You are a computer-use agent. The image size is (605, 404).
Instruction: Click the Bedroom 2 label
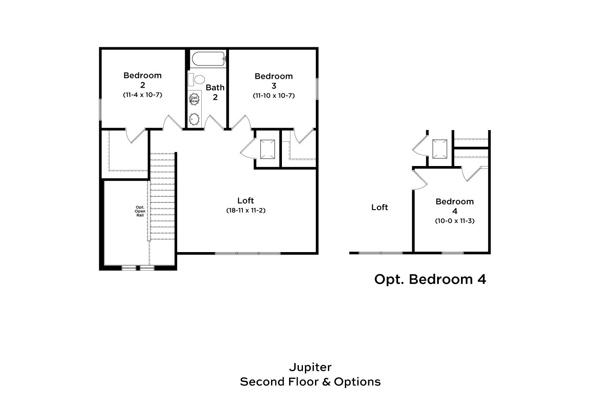tap(142, 80)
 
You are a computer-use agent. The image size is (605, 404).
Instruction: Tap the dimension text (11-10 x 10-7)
tap(273, 95)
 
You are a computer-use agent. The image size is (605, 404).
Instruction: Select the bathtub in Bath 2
tap(208, 59)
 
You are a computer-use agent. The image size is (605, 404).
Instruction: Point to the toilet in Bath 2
tap(197, 80)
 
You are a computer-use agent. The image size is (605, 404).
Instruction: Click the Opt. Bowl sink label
tap(194, 99)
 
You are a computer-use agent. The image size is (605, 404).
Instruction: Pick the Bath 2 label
tap(215, 92)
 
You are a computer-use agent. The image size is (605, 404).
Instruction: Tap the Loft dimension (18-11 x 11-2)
tap(246, 210)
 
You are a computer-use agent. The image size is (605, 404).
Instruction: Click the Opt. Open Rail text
tap(140, 211)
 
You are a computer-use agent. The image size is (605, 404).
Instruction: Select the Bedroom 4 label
tap(455, 206)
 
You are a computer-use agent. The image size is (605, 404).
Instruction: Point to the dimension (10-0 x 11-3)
tap(455, 221)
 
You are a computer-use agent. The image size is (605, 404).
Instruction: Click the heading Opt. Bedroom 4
tap(430, 280)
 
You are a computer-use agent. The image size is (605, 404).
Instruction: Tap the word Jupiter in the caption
tap(310, 368)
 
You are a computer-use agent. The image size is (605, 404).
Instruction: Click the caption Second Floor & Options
tap(310, 382)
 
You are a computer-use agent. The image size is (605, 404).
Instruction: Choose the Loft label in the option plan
tap(380, 207)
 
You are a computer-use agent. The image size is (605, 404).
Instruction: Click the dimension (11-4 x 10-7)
tap(142, 95)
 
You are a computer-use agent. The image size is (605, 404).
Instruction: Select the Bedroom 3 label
tap(273, 81)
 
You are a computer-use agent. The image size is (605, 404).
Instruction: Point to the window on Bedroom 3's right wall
tap(317, 89)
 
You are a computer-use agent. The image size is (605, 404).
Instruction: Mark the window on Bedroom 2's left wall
tap(100, 109)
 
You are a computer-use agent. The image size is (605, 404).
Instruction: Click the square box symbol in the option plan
tap(440, 149)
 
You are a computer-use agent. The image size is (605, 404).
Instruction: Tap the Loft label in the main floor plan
tap(246, 200)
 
